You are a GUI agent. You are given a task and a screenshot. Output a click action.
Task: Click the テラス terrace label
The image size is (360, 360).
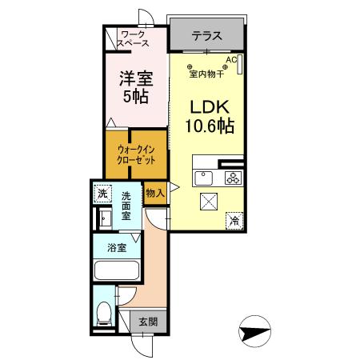coord(206,35)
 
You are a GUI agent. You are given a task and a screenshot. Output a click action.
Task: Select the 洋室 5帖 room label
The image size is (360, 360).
coord(135,89)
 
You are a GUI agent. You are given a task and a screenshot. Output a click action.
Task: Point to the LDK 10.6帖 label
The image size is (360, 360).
coord(210,117)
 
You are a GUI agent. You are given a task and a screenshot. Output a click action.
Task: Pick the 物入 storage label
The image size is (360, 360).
coord(154,193)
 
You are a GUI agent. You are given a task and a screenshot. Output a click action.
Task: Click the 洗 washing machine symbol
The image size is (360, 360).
coord(102,193)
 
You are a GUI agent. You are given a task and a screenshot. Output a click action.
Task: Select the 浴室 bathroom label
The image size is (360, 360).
coord(117,247)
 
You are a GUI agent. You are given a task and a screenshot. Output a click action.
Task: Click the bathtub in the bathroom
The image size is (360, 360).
coord(117,270)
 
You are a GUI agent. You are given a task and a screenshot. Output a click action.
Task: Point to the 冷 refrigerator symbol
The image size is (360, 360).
coord(235,218)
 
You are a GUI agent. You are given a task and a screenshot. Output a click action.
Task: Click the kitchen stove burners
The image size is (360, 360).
coord(233,178)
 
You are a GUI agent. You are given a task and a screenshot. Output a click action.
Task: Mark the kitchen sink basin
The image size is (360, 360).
coord(202,178)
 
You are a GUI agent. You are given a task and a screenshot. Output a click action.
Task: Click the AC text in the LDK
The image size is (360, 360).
coord(230,60)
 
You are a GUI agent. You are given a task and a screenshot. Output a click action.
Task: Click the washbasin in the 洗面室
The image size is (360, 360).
coord(102,217)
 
